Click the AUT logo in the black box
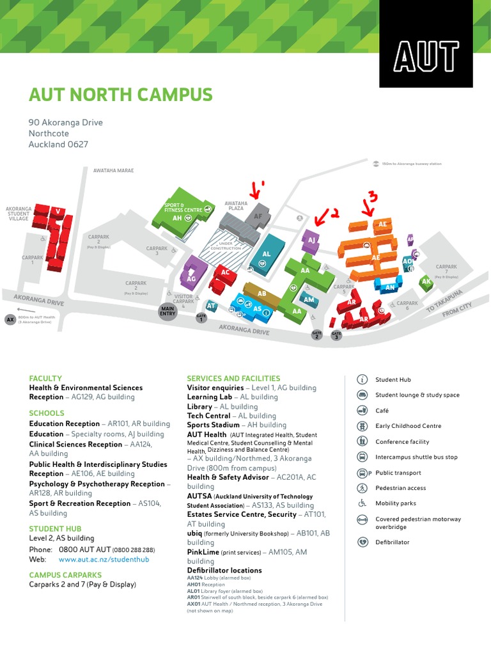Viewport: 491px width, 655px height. tap(426, 57)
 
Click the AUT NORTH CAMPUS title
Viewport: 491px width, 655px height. tap(120, 95)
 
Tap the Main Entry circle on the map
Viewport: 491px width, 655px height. tap(168, 311)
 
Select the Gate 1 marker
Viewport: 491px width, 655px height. tap(201, 318)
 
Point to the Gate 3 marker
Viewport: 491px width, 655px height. tap(336, 335)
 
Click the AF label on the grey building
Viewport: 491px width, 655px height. tap(258, 217)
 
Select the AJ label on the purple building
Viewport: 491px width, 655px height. tap(312, 240)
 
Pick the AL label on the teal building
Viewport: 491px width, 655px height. tap(267, 254)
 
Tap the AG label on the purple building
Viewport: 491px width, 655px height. tap(191, 279)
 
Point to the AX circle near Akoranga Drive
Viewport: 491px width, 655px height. tap(10, 319)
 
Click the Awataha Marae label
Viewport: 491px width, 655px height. tap(113, 171)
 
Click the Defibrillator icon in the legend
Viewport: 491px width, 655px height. tap(362, 542)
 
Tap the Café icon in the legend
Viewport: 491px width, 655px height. tap(362, 411)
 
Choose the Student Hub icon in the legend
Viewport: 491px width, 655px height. tap(362, 380)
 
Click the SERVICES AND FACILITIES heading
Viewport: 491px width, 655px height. tap(233, 378)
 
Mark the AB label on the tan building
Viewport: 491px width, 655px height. tap(261, 294)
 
